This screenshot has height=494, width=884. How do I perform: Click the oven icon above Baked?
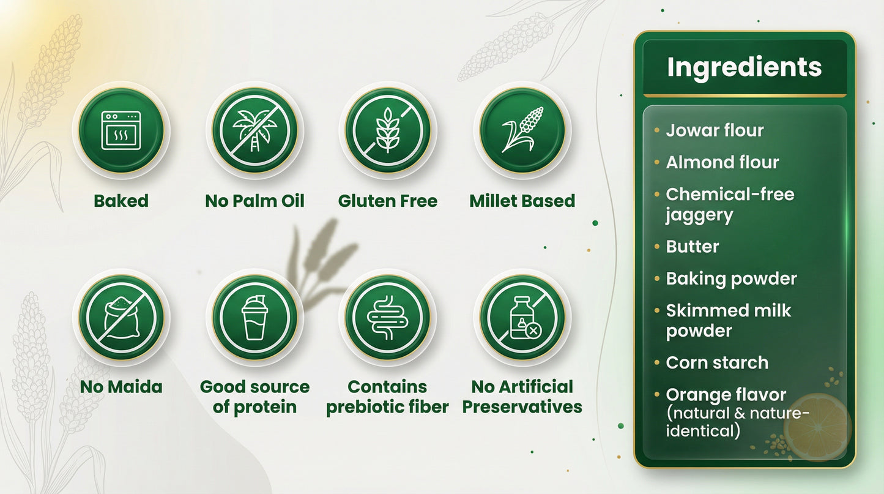tap(121, 130)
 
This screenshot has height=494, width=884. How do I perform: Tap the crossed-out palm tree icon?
tap(255, 130)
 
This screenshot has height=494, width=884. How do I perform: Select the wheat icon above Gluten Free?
tap(388, 130)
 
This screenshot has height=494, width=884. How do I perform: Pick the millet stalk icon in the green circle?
tap(522, 130)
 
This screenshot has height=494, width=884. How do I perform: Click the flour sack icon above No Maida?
tap(121, 318)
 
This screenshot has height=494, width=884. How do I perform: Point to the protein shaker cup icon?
tap(254, 318)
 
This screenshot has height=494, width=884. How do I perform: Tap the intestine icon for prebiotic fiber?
tap(388, 318)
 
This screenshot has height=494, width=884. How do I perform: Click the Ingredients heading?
tap(745, 68)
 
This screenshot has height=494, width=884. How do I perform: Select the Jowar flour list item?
tap(715, 130)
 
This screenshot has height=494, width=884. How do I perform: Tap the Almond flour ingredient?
tap(722, 162)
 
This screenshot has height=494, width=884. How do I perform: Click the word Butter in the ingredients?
tap(692, 247)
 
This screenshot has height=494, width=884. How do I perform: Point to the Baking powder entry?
tap(731, 279)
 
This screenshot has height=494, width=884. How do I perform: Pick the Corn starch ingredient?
tap(717, 363)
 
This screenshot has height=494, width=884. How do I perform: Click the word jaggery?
tap(699, 216)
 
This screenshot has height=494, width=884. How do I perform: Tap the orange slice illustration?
tap(817, 427)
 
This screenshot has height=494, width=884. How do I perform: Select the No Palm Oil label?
tap(254, 201)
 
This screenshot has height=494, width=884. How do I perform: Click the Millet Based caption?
tap(522, 201)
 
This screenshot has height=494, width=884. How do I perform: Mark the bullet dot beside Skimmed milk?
tap(656, 311)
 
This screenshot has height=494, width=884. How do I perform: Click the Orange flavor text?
tap(726, 395)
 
